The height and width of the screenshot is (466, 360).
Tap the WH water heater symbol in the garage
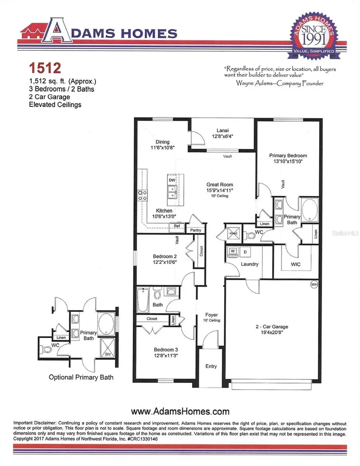click(x=314, y=285)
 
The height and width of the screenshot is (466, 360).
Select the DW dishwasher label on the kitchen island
click(x=172, y=180)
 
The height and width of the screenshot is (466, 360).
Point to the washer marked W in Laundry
click(x=232, y=251)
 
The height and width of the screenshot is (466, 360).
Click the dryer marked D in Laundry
click(x=245, y=251)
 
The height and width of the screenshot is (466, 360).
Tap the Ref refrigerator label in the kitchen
click(x=177, y=226)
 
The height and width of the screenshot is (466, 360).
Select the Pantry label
click(x=196, y=230)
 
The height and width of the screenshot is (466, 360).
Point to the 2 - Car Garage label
click(x=272, y=327)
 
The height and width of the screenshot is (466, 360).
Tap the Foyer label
click(x=211, y=315)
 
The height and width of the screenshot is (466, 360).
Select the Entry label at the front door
click(x=211, y=366)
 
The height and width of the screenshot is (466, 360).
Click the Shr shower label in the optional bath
click(x=107, y=353)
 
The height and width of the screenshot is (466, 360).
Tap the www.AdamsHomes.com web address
click(x=180, y=411)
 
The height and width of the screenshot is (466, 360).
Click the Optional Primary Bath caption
click(x=81, y=377)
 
